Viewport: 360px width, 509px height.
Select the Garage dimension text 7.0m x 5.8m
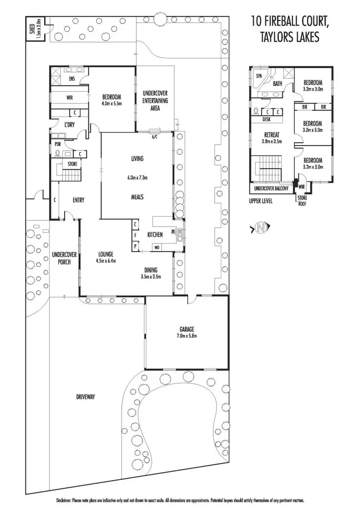click(187, 336)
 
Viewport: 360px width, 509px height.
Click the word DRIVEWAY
click(87, 397)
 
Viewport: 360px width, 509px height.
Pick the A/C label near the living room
click(155, 137)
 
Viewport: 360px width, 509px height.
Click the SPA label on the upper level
click(259, 76)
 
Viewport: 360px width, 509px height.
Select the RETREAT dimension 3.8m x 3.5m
click(271, 142)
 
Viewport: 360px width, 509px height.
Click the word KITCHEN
click(155, 234)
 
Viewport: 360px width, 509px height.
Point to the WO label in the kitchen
click(156, 247)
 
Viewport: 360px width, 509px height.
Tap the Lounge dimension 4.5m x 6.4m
click(105, 261)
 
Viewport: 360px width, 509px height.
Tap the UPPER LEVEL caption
click(261, 201)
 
